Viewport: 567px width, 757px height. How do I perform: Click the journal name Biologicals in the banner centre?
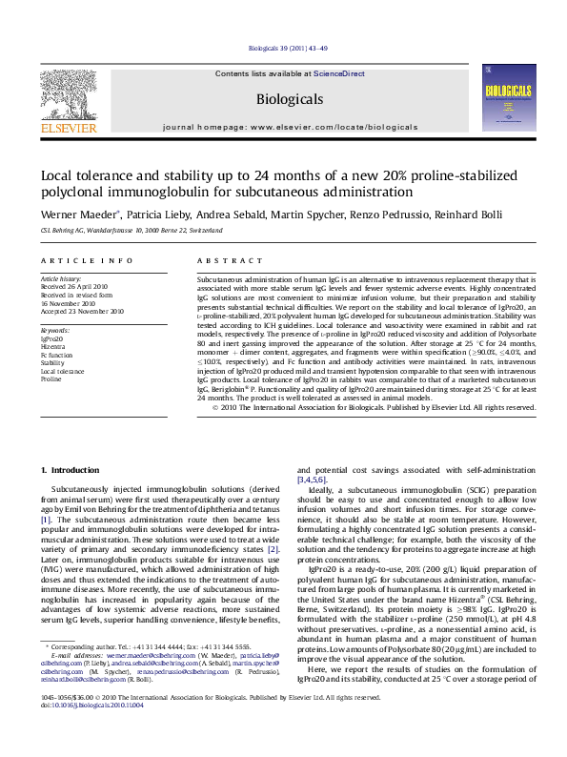click(283, 97)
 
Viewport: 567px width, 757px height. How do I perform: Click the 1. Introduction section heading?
click(67, 471)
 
